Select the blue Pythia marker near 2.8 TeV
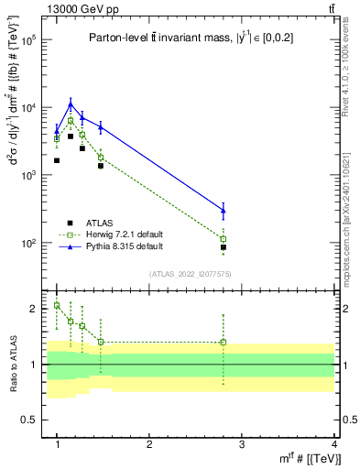224,211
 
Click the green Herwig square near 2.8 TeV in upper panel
224,239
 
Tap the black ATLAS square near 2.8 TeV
224,247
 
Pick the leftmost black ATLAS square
57,160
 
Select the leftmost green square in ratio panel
57,305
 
